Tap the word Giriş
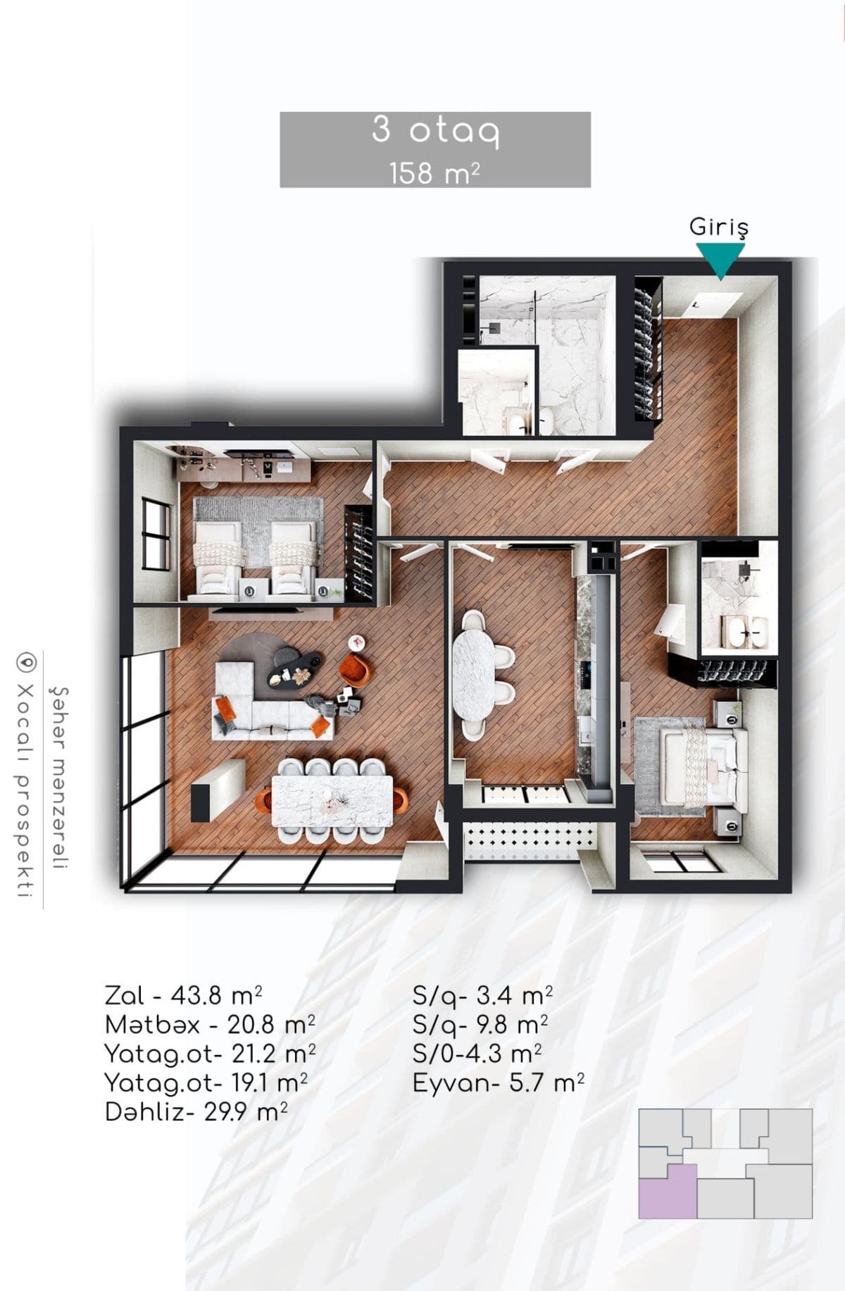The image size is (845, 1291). [718, 227]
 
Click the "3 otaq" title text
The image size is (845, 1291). [435, 131]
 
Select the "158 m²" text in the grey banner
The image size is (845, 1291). [435, 173]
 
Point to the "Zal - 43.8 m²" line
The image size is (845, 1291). [184, 996]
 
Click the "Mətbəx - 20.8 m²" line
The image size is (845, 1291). [210, 1025]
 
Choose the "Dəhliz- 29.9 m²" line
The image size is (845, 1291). [196, 1112]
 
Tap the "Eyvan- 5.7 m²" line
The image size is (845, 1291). [499, 1083]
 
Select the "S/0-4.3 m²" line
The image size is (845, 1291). [477, 1054]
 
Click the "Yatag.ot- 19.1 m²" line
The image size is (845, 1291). [206, 1083]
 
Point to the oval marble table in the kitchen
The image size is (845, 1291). [472, 674]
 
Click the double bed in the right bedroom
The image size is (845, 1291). [697, 765]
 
